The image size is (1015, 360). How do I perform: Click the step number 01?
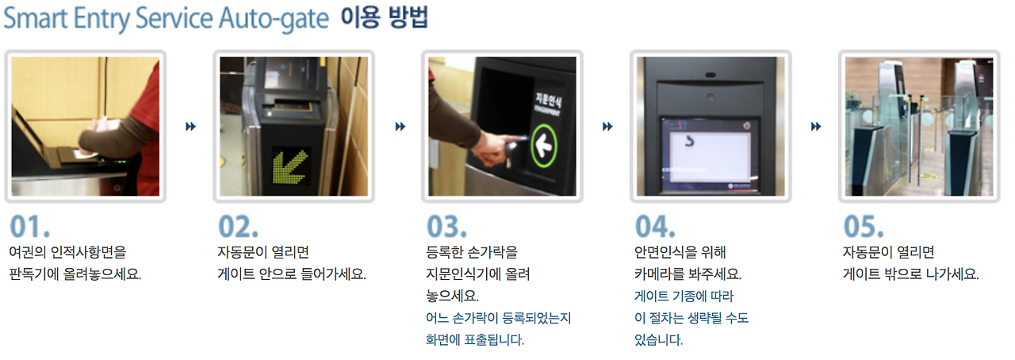click(30, 227)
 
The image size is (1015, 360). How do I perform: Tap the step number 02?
click(239, 227)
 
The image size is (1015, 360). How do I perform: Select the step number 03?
click(446, 227)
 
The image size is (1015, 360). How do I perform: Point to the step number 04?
click(655, 227)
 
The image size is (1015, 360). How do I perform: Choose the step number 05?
click(864, 227)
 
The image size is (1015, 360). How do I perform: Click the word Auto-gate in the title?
click(274, 19)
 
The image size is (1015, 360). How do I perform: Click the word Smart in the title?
click(36, 18)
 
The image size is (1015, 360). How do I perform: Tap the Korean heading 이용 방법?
click(385, 17)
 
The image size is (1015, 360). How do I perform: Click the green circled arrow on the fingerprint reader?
click(543, 146)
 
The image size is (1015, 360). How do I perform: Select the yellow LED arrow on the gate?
click(290, 167)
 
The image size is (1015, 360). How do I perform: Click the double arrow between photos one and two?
click(191, 127)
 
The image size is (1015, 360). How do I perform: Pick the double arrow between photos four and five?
click(816, 127)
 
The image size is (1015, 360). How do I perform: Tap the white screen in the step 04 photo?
click(710, 157)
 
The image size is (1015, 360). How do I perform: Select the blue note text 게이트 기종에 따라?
click(684, 296)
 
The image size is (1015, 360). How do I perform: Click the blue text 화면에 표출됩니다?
click(475, 339)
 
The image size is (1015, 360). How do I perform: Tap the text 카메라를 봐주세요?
click(688, 274)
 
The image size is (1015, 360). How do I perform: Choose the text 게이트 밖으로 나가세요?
click(911, 274)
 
